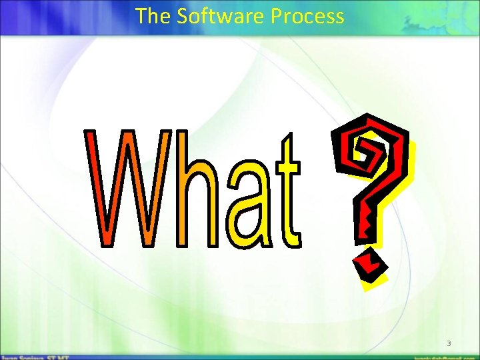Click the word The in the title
point(152,16)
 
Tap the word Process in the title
point(307,16)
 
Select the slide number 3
point(449,343)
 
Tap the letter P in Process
point(277,16)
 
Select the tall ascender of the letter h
point(185,160)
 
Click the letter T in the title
point(141,16)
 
